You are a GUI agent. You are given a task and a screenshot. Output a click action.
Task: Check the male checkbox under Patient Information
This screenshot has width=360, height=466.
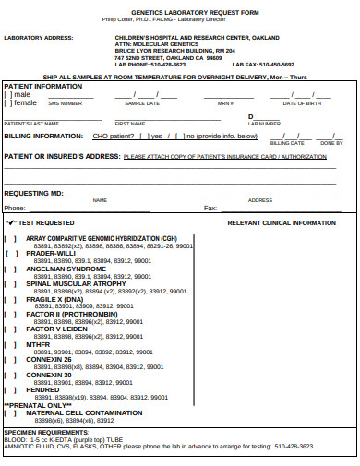tap(7, 94)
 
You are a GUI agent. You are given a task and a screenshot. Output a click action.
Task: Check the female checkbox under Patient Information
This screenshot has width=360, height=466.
tap(7, 102)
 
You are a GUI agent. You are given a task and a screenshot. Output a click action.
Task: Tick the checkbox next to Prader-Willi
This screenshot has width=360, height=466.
tap(10, 254)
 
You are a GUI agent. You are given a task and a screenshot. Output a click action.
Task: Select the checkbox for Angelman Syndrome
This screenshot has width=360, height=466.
tap(10, 269)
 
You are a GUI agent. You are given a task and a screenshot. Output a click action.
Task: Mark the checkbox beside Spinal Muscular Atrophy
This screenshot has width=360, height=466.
tap(10, 284)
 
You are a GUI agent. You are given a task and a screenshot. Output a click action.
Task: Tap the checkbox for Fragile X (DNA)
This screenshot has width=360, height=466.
tap(10, 299)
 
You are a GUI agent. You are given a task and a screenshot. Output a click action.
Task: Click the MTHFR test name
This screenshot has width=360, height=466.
tap(44, 344)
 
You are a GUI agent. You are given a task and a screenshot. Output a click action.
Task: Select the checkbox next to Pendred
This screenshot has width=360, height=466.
tap(10, 389)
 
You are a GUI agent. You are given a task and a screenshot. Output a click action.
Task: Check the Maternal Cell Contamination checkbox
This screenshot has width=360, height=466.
tap(10, 412)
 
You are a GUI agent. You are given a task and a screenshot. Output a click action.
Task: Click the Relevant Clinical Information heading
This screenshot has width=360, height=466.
tap(282, 223)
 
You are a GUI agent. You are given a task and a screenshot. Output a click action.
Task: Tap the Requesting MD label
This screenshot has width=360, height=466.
tap(33, 193)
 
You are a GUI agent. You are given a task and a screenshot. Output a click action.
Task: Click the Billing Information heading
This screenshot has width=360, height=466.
tap(42, 135)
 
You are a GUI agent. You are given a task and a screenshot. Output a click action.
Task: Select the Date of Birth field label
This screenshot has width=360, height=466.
tap(301, 104)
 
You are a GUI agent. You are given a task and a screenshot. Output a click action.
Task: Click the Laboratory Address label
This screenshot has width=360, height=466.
tap(38, 38)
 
